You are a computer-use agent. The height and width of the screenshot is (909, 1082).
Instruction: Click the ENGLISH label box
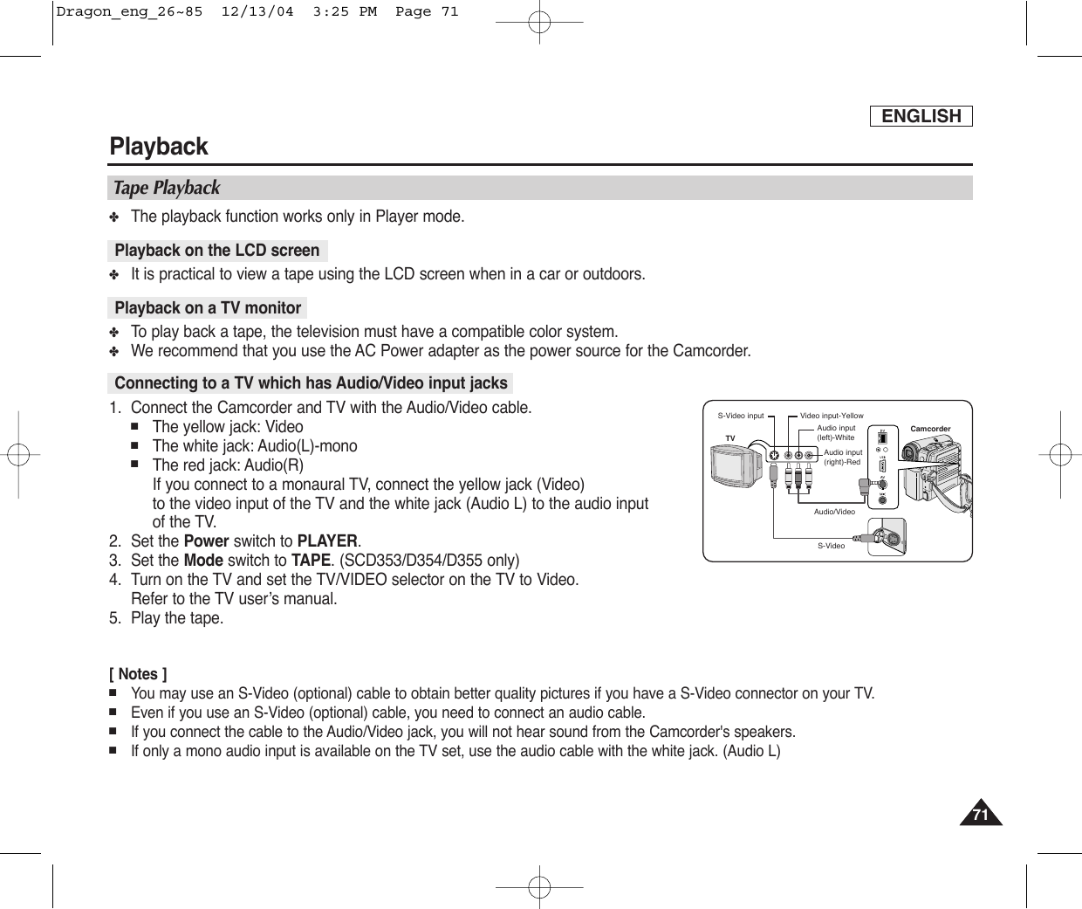[921, 116]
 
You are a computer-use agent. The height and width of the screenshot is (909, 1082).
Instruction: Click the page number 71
[981, 816]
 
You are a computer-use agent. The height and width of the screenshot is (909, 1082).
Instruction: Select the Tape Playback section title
[167, 188]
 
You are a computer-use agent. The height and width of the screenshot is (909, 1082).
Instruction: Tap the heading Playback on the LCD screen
[217, 251]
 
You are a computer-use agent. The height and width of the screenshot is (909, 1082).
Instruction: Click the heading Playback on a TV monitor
[208, 308]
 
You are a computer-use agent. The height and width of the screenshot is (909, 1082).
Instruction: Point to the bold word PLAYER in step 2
[327, 541]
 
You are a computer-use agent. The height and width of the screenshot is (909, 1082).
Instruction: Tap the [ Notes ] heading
[139, 674]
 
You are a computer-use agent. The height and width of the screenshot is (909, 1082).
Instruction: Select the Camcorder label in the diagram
[930, 429]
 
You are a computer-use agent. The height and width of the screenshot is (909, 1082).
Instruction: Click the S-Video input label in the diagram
[740, 416]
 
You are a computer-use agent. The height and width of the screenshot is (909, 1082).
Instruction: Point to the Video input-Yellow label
[832, 416]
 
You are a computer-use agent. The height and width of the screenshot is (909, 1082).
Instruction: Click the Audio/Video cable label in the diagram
[834, 512]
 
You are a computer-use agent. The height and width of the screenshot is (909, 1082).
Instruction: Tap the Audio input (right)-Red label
[842, 457]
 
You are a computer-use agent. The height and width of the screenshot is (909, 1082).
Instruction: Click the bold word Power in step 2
[207, 541]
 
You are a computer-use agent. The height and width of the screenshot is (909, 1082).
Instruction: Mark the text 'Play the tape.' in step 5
[177, 618]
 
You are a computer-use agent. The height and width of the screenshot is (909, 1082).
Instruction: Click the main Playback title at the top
[159, 147]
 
